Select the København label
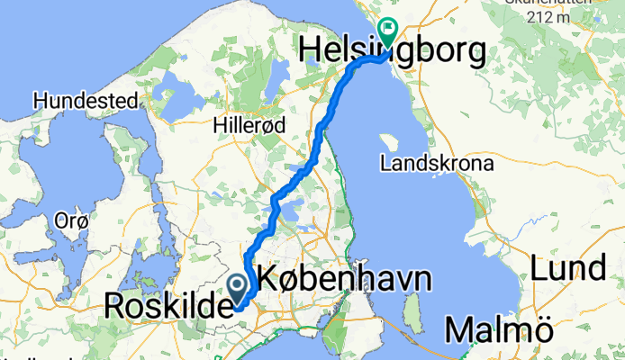344,278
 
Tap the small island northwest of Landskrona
389,143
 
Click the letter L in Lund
539,268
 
